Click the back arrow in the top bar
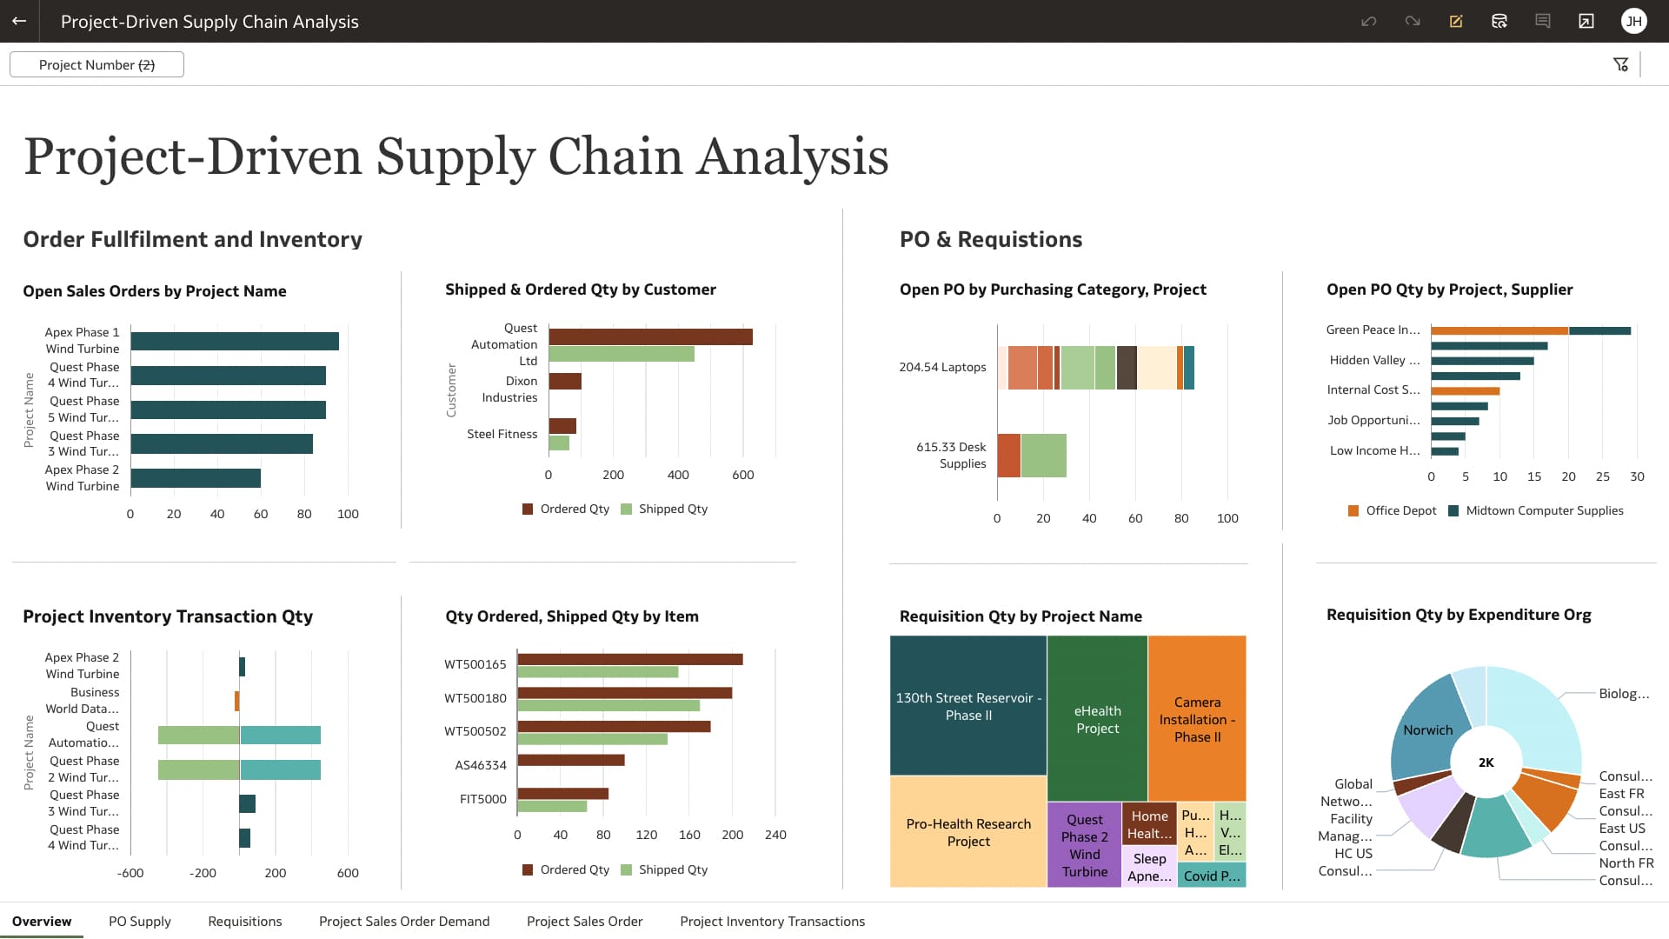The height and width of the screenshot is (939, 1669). point(19,21)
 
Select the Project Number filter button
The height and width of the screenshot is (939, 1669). point(96,65)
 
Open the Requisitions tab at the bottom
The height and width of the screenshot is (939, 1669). point(244,922)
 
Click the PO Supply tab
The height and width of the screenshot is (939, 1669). point(139,922)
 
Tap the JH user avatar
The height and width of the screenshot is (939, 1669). point(1633,21)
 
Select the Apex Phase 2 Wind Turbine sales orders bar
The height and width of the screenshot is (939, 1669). point(196,478)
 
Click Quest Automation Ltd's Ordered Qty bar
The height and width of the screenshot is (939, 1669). point(650,336)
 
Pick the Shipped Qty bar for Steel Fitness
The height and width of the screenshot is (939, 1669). point(559,443)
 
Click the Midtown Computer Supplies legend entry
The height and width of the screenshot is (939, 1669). point(1544,511)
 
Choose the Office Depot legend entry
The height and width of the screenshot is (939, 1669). point(1400,511)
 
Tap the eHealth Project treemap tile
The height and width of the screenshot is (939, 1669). point(1097,719)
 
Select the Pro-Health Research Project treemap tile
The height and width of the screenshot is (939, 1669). point(968,832)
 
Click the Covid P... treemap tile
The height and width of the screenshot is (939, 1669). point(1212,876)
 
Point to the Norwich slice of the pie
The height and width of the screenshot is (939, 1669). point(1427,730)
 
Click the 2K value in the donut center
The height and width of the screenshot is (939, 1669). point(1486,763)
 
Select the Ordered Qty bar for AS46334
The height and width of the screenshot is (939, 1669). point(571,760)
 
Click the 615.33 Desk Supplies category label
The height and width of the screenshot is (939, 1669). point(951,456)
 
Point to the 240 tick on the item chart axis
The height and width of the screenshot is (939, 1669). point(775,836)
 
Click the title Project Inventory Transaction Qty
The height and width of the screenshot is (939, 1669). point(168,616)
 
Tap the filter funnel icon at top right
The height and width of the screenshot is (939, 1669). point(1620,65)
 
